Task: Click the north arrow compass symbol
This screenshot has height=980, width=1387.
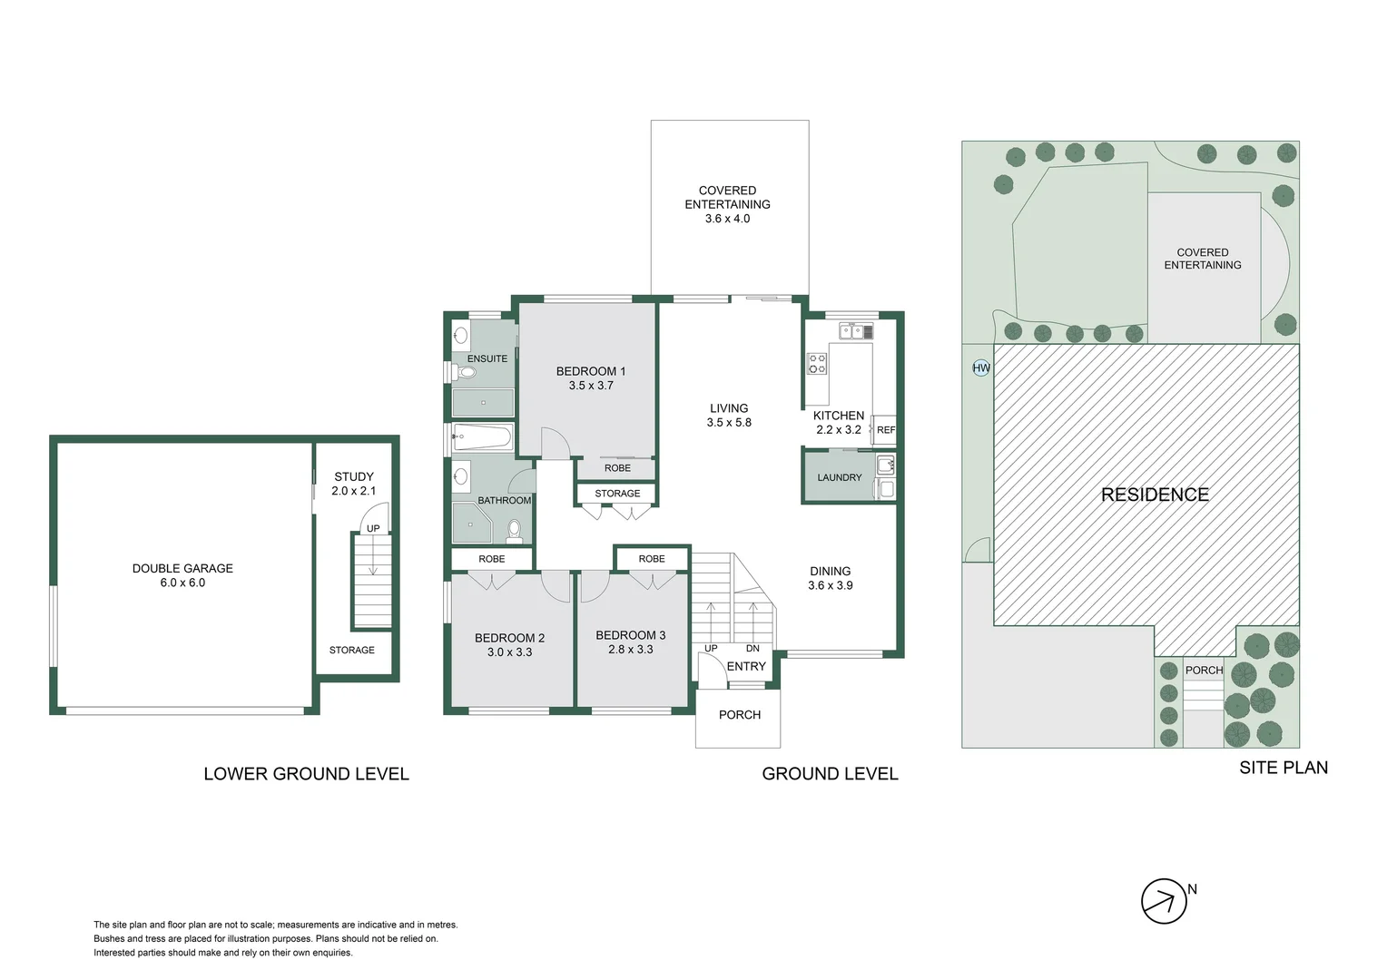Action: (x=1165, y=901)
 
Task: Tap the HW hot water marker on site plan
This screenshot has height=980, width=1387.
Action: (x=981, y=367)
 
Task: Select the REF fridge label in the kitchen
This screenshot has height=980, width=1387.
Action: (x=885, y=430)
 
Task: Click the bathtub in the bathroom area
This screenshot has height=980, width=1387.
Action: (x=482, y=437)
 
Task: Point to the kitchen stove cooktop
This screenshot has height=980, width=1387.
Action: (x=817, y=364)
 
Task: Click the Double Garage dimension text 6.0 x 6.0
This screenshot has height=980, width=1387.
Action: (x=182, y=583)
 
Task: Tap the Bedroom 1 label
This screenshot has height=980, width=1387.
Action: (x=591, y=371)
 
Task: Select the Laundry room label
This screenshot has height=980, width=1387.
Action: (x=839, y=477)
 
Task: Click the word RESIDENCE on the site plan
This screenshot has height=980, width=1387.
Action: (x=1155, y=495)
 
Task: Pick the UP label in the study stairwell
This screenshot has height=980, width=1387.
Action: (x=373, y=528)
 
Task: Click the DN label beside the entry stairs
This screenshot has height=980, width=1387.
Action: (x=753, y=648)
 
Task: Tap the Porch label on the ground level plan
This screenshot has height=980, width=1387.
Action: (x=740, y=715)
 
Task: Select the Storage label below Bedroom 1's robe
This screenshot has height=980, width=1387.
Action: (x=617, y=494)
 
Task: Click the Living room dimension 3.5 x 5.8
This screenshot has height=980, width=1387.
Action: (x=729, y=423)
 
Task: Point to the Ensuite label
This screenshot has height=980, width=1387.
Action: (x=487, y=358)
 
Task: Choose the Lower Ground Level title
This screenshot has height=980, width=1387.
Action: (x=306, y=774)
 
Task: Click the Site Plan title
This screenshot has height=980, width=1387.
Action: (x=1284, y=768)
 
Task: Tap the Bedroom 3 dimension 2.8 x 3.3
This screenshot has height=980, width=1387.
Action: (x=631, y=650)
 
